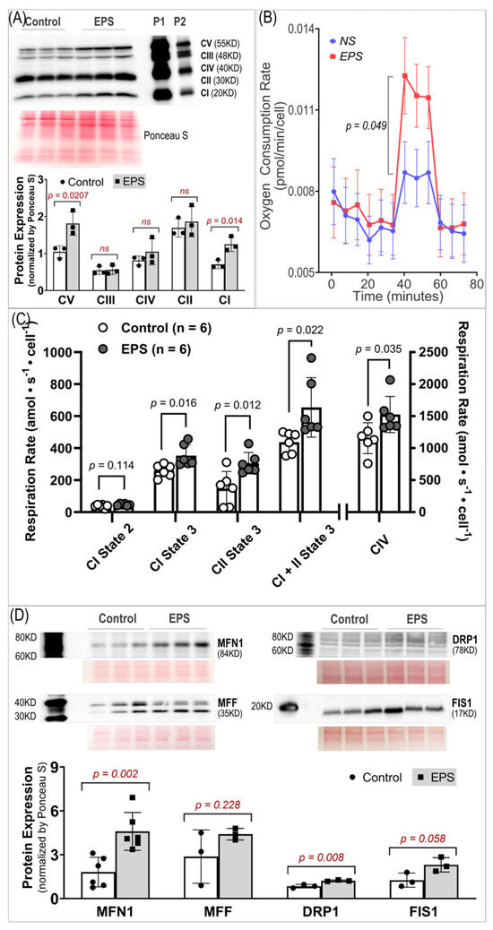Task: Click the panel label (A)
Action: pyautogui.click(x=14, y=12)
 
